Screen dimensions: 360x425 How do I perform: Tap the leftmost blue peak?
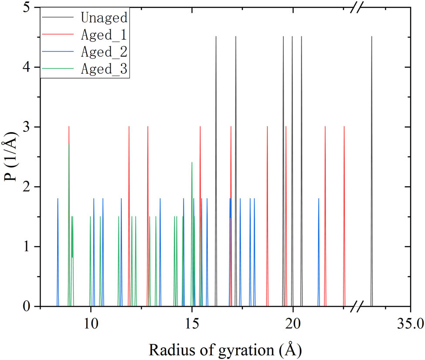58,244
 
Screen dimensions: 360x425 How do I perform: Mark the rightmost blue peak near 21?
319,244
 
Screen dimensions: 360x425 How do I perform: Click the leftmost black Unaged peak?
216,131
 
